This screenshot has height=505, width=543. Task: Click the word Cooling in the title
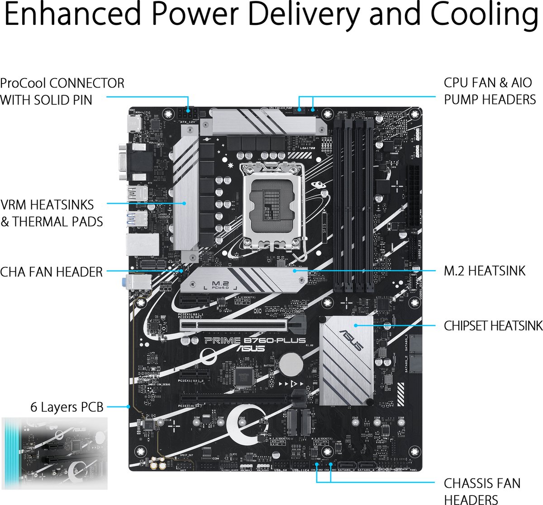click(x=484, y=14)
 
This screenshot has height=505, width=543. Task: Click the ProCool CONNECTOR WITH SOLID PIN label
click(x=62, y=91)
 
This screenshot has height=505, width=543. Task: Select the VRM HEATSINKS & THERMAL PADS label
click(x=52, y=213)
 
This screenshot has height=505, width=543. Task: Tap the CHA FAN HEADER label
click(x=52, y=272)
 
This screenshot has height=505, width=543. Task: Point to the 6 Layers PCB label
click(x=67, y=407)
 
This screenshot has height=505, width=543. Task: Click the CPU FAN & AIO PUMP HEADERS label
click(x=490, y=91)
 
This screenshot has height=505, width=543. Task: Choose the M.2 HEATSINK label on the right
click(x=485, y=271)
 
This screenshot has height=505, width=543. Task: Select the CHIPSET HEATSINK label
click(x=493, y=326)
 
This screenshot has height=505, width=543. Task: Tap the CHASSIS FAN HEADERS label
click(x=482, y=491)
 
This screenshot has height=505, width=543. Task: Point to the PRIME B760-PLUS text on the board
click(x=255, y=340)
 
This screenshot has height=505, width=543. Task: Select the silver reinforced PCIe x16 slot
click(x=234, y=325)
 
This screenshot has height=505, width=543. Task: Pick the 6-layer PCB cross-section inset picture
click(x=55, y=453)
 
